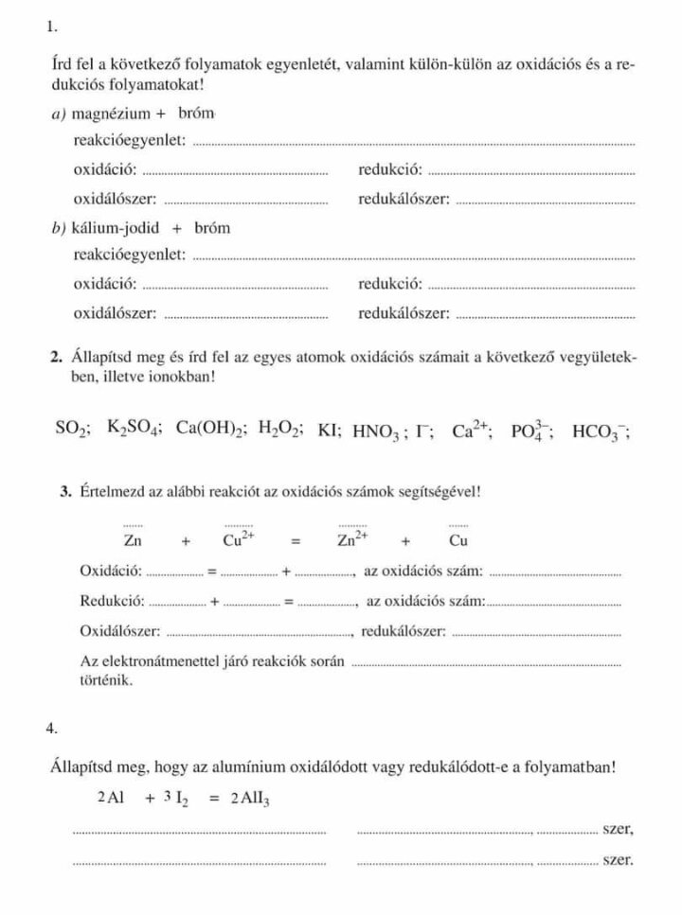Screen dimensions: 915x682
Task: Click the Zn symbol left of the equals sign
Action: click(134, 542)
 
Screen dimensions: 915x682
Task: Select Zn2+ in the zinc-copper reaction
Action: click(352, 541)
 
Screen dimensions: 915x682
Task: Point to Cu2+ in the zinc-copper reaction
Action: click(238, 541)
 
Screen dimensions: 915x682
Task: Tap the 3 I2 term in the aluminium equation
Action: click(173, 798)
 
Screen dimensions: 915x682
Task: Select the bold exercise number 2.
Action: click(55, 358)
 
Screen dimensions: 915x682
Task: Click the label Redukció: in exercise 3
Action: click(112, 601)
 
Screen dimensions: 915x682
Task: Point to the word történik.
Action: click(106, 679)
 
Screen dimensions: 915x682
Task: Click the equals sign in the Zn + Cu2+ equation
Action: click(296, 543)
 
